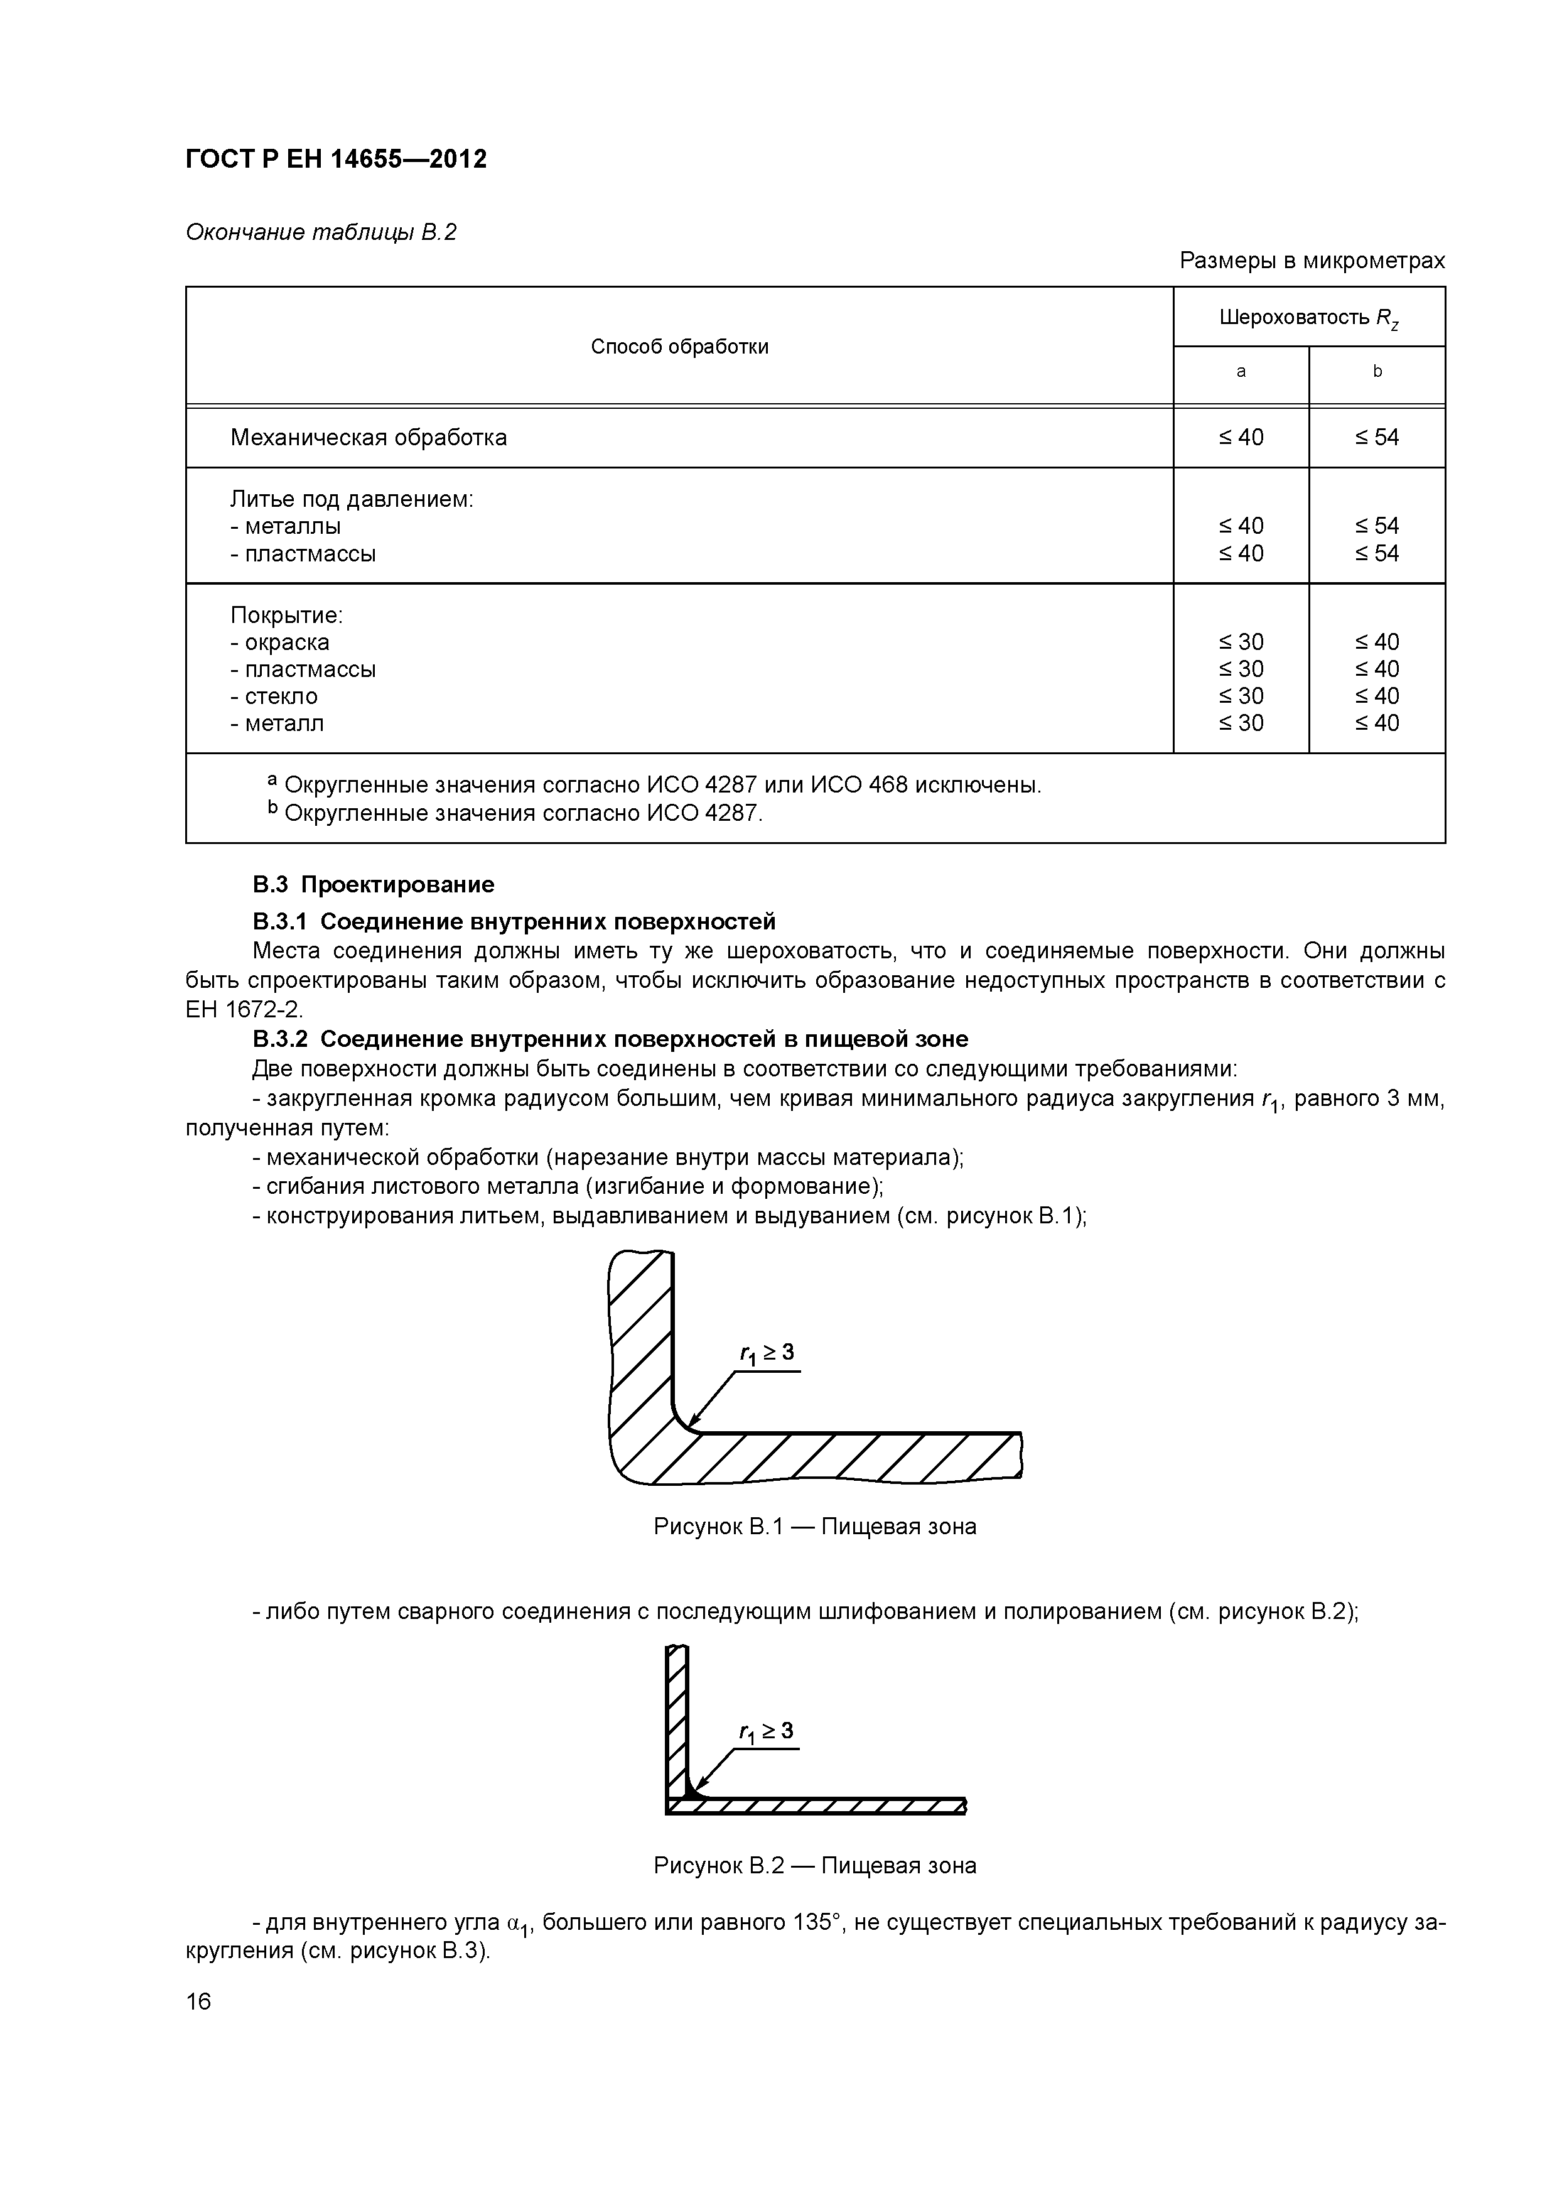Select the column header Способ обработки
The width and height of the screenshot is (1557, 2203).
tap(679, 347)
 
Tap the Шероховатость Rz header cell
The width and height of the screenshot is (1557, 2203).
tap(1308, 318)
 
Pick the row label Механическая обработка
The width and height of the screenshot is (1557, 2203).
tap(369, 438)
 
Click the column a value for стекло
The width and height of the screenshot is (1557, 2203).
tap(1241, 696)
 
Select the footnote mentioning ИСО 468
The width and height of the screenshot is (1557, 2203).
tap(662, 785)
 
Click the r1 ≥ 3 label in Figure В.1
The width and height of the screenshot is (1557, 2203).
tap(767, 1353)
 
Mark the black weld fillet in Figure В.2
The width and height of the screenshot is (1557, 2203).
tap(692, 1794)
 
